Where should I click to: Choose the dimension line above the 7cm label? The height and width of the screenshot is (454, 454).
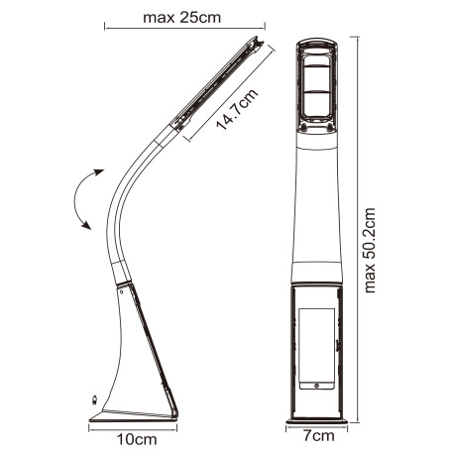(317, 423)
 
